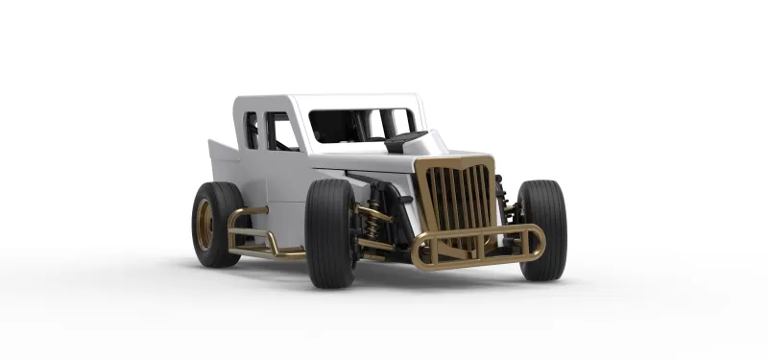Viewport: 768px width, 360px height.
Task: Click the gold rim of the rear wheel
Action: click(205, 224)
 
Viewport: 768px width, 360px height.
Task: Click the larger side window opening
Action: click(280, 132)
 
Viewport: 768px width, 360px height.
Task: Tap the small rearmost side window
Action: click(252, 131)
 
